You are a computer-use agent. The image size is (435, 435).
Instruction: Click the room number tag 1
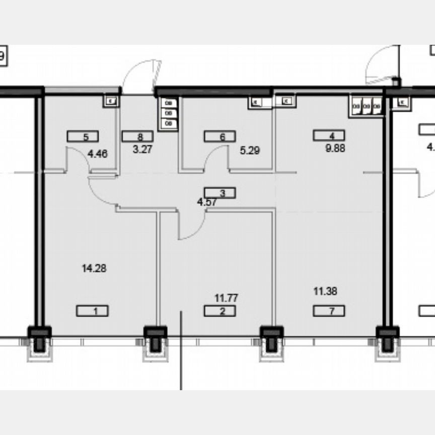(92, 311)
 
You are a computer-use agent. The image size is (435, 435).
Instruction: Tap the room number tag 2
(220, 311)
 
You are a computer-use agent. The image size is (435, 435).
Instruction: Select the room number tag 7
(329, 311)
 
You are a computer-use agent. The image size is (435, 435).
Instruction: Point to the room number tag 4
(329, 135)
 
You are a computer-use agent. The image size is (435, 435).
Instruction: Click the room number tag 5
(83, 136)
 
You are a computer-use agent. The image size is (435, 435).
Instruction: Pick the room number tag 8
(138, 136)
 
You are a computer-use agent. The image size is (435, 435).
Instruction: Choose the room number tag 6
(220, 136)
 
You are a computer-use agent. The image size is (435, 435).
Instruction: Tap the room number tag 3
(220, 192)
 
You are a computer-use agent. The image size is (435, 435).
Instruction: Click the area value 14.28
(94, 268)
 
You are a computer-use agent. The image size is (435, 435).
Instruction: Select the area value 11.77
(226, 298)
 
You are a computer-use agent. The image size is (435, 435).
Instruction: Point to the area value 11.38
(325, 291)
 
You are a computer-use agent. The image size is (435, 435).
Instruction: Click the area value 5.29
(250, 150)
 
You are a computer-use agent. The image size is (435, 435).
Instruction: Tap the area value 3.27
(142, 150)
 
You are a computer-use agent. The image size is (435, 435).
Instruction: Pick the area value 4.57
(206, 203)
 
